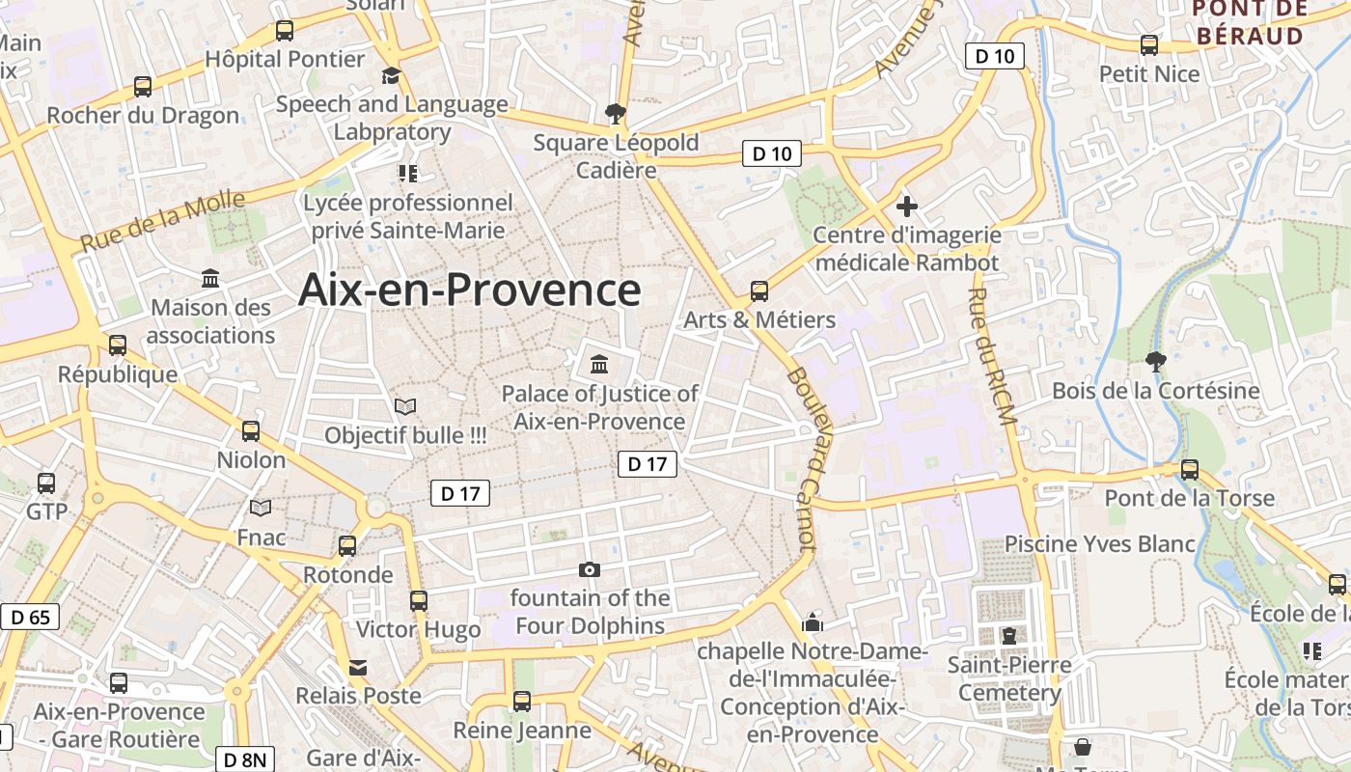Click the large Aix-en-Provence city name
[469, 289]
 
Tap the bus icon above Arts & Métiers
[759, 290]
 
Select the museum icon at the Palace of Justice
[599, 365]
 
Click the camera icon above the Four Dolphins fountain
[589, 570]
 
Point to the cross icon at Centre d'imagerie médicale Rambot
[906, 206]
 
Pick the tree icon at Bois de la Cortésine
[1155, 363]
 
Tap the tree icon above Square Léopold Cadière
[615, 115]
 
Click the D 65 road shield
[30, 617]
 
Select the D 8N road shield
[244, 759]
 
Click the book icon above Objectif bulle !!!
[405, 407]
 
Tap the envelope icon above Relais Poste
[358, 668]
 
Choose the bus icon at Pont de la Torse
[1190, 470]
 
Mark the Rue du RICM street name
[994, 357]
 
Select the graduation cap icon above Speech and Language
[391, 76]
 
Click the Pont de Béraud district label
[1250, 22]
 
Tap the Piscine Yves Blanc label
[1100, 544]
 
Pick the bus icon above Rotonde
[347, 546]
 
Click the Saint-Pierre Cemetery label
[1009, 678]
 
